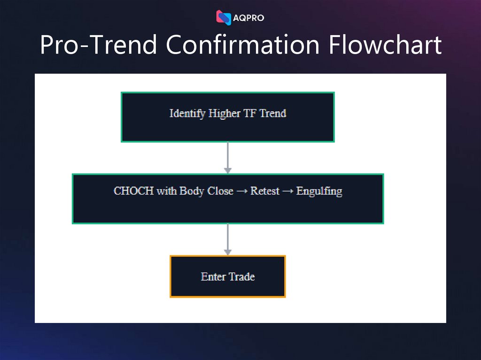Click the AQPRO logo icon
[224, 17]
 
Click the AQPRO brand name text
[248, 18]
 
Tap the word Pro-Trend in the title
[98, 45]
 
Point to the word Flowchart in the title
[385, 45]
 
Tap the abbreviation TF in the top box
[249, 113]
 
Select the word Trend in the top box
[273, 113]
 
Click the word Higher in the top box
[225, 113]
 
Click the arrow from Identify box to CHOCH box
[228, 158]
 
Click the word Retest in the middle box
[265, 191]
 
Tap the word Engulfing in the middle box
[319, 191]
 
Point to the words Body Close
[206, 191]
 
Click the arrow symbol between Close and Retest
[241, 191]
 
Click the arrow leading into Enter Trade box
[228, 239]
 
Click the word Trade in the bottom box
[242, 276]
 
